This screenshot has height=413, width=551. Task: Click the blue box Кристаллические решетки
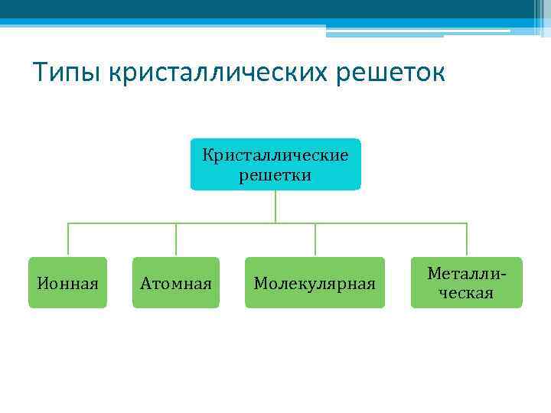tap(275, 164)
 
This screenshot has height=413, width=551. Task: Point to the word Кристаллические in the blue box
tap(275, 155)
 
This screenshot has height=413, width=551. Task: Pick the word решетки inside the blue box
tap(275, 175)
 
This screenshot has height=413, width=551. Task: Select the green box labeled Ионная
tap(68, 283)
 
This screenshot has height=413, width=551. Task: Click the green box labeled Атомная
tap(176, 283)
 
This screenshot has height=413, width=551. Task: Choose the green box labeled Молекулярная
tap(315, 283)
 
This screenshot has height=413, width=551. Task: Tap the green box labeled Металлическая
tap(466, 283)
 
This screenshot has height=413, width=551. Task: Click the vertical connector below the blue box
tap(275, 206)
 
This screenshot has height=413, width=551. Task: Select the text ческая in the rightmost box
tap(465, 293)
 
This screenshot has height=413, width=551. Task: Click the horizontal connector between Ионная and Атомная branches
tap(122, 223)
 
